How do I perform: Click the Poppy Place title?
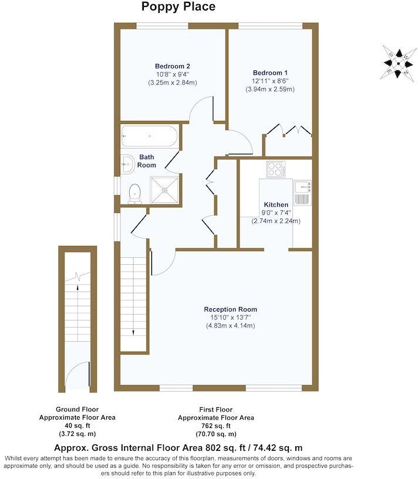178,7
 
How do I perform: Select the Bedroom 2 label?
172,66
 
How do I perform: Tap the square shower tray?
165,189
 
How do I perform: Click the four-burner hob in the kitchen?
275,169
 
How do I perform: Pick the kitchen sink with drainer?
303,193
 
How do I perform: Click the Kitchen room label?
276,204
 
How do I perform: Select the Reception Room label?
230,309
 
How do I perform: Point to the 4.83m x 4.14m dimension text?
230,325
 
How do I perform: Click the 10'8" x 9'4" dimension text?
172,75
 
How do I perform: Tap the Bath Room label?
147,161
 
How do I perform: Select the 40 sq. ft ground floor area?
77,426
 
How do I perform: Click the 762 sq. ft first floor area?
216,426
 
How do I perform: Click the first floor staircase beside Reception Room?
133,299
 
